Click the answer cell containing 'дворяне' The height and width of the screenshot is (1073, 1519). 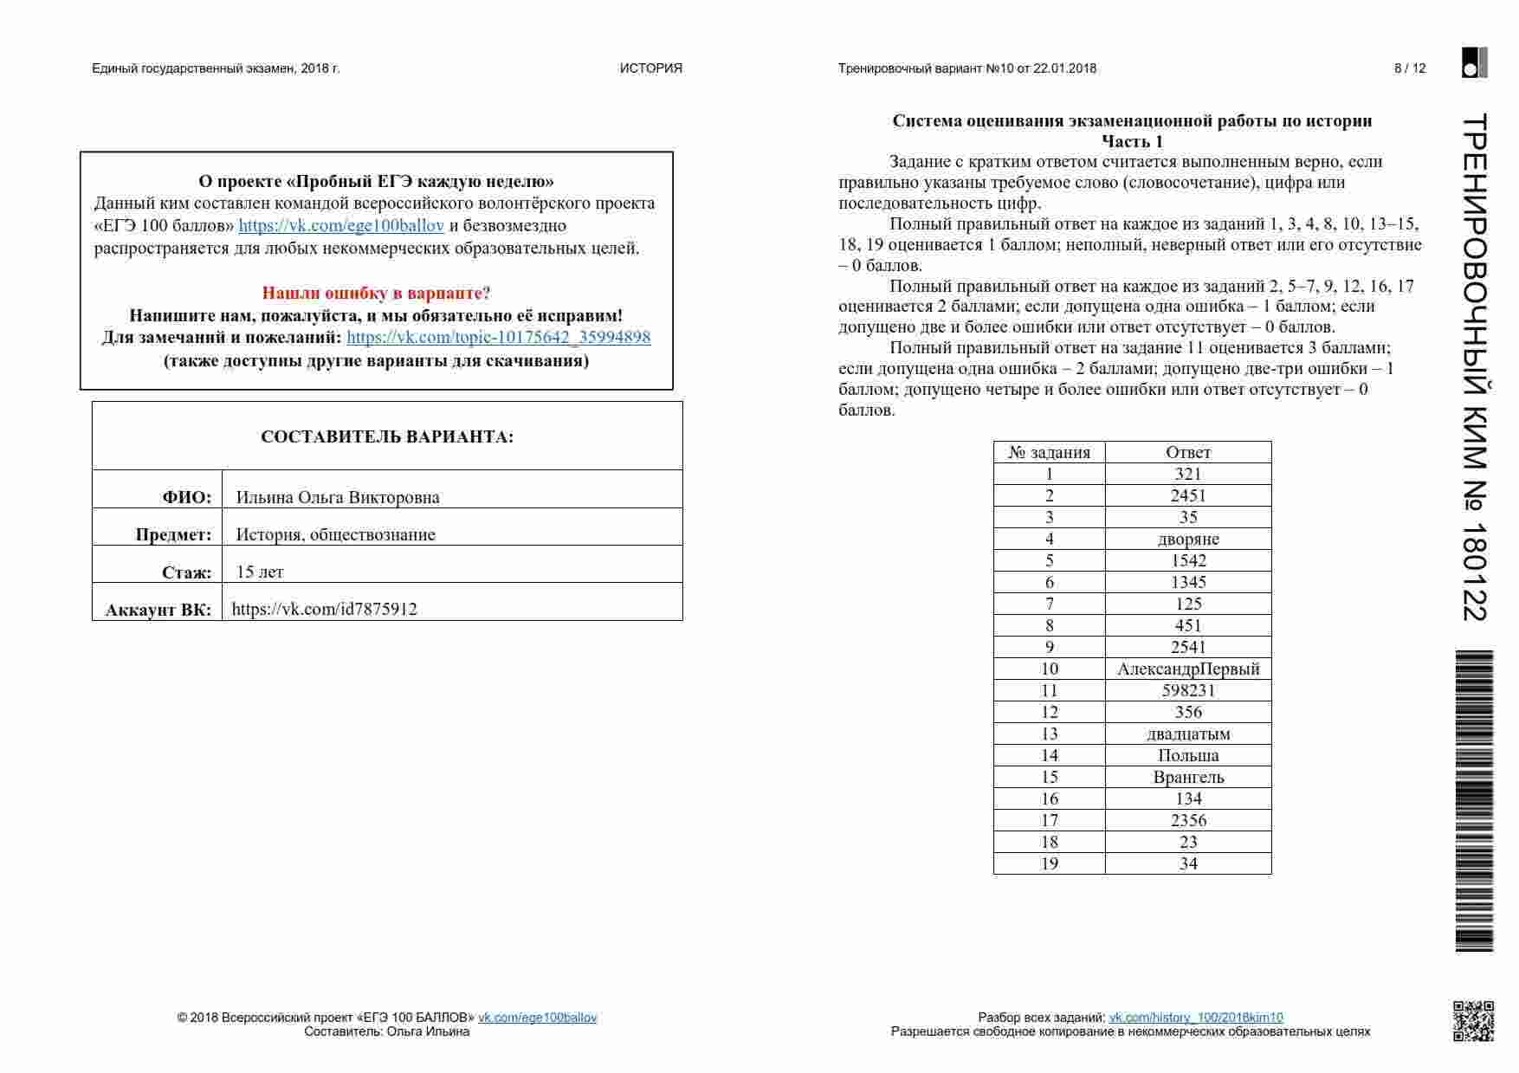click(x=1188, y=539)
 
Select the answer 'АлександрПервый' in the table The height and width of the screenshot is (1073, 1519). click(x=1188, y=669)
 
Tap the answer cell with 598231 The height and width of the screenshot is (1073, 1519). click(x=1188, y=690)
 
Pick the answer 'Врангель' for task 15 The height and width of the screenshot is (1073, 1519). click(x=1188, y=777)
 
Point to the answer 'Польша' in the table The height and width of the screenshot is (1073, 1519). click(x=1188, y=755)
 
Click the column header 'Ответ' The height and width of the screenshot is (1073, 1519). click(x=1188, y=452)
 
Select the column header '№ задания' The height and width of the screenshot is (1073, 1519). click(x=1049, y=452)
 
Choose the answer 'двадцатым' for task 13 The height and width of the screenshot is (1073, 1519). click(x=1188, y=734)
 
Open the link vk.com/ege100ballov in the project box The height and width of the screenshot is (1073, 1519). click(x=341, y=226)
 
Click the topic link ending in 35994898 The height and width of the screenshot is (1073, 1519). click(x=498, y=338)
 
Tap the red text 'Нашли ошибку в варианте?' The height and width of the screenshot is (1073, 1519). click(x=376, y=293)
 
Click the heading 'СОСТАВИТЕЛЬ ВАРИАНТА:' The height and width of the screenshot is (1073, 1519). click(x=387, y=436)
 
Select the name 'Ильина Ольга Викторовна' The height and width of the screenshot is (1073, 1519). click(x=338, y=497)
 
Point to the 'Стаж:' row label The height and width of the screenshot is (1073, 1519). click(x=186, y=572)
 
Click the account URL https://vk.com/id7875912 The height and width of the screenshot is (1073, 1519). click(x=325, y=609)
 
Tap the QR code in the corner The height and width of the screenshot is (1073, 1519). click(x=1472, y=1020)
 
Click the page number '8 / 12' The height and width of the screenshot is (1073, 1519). click(x=1409, y=68)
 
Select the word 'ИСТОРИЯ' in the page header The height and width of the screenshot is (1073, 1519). click(x=650, y=68)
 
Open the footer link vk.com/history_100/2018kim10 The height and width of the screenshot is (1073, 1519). click(x=1196, y=1018)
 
